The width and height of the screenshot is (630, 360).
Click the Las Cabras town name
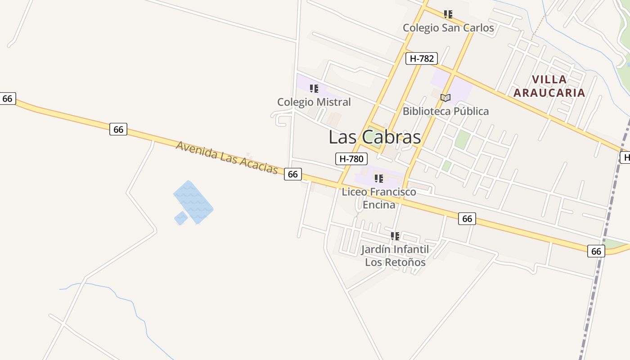[x=374, y=137]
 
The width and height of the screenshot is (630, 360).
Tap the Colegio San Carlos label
[x=448, y=28]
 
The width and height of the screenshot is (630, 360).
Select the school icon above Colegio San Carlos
[x=448, y=14]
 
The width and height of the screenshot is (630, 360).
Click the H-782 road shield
[x=421, y=58]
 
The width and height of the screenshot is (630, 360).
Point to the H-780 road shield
[x=351, y=158]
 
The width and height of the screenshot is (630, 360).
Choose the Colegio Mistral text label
[x=314, y=102]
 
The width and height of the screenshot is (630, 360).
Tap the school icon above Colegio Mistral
[x=314, y=89]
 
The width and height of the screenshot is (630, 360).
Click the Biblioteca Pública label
[x=445, y=111]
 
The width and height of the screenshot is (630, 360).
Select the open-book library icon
[x=445, y=98]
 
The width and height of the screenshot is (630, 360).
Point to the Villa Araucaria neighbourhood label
[x=549, y=86]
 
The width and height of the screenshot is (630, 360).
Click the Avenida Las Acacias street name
[x=227, y=157]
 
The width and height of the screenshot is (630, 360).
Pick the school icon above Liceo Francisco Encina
[x=379, y=179]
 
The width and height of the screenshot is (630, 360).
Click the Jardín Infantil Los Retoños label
[x=395, y=256]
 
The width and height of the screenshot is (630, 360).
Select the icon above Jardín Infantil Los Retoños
[x=395, y=236]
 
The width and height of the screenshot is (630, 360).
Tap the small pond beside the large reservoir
[x=181, y=218]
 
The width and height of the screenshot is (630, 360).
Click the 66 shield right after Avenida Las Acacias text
[x=292, y=174]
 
